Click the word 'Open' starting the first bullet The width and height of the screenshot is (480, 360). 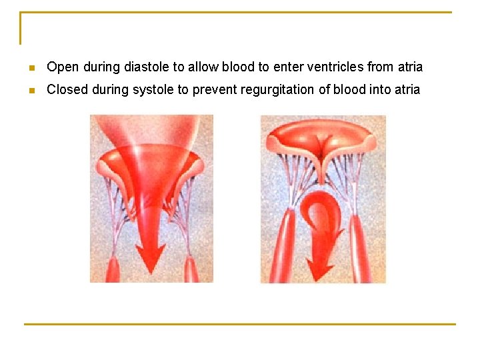click(63, 67)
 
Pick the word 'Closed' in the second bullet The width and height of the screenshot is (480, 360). click(67, 89)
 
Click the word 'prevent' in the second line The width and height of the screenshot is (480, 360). click(213, 89)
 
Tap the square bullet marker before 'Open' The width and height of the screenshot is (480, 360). click(31, 67)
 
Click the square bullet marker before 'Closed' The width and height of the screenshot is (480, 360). click(31, 90)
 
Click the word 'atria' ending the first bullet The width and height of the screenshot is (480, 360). click(410, 67)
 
